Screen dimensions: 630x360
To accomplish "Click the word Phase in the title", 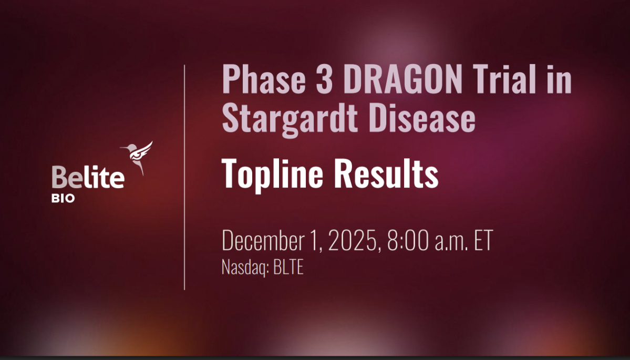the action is (x=264, y=79).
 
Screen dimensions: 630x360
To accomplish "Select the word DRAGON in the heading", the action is (x=402, y=79).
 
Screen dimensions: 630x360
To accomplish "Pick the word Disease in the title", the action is (x=422, y=118).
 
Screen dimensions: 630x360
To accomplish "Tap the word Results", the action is (x=386, y=173).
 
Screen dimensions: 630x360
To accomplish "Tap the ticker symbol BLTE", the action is (x=288, y=267).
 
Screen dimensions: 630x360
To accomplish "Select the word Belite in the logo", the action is (x=88, y=177).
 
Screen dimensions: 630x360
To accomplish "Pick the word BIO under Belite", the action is (x=63, y=199).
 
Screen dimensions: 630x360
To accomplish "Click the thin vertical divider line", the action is (x=184, y=177).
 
